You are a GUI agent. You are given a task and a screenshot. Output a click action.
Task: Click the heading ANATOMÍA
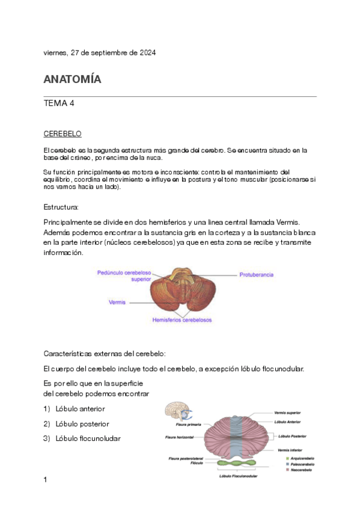[72, 79]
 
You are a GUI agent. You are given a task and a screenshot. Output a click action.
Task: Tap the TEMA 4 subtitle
[59, 103]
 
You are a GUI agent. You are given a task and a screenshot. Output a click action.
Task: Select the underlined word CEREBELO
[63, 133]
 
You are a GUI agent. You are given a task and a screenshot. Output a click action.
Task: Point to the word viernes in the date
[55, 53]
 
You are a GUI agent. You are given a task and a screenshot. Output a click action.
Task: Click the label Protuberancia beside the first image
[257, 274]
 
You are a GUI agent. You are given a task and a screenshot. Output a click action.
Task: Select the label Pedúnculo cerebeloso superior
[124, 276]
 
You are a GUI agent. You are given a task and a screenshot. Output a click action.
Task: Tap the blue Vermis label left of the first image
[117, 302]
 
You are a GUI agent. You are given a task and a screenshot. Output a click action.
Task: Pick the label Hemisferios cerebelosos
[183, 320]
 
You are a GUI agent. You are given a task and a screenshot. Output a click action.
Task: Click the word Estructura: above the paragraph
[61, 207]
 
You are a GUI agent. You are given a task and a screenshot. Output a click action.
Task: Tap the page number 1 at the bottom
[46, 479]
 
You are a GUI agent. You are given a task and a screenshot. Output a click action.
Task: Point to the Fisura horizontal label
[178, 437]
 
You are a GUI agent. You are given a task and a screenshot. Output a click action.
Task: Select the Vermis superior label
[287, 413]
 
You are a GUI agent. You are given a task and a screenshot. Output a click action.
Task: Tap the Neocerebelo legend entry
[300, 469]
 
